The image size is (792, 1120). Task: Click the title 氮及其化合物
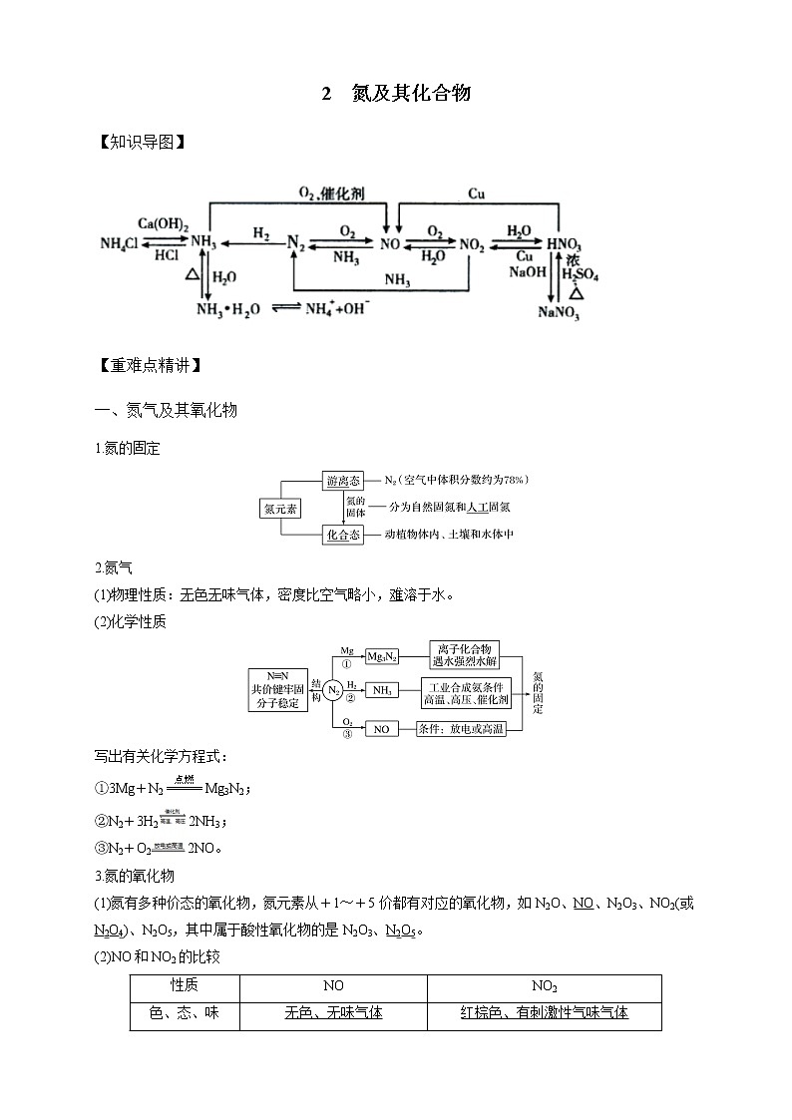pyautogui.click(x=410, y=95)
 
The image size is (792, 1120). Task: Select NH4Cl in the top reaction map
pyautogui.click(x=120, y=243)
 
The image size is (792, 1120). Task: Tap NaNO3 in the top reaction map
pyautogui.click(x=559, y=312)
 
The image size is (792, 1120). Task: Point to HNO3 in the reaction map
pyautogui.click(x=564, y=243)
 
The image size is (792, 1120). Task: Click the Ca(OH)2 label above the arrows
pyautogui.click(x=164, y=225)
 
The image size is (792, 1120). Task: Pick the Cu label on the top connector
pyautogui.click(x=477, y=193)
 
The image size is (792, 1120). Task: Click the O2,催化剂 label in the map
pyautogui.click(x=332, y=192)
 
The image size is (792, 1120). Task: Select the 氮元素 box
pyautogui.click(x=281, y=508)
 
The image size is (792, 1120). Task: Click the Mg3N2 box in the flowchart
pyautogui.click(x=382, y=656)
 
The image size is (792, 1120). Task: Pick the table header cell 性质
pyautogui.click(x=185, y=986)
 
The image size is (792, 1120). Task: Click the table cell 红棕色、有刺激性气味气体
pyautogui.click(x=544, y=1013)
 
